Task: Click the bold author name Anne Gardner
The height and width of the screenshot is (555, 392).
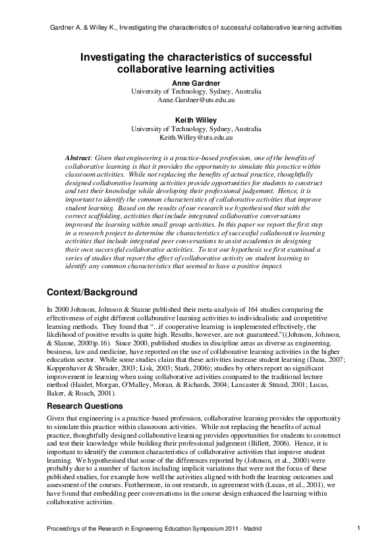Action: coord(196,82)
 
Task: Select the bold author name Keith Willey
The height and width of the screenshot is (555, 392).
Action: coord(196,120)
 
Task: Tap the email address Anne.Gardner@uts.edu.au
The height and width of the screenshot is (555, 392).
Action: coord(196,100)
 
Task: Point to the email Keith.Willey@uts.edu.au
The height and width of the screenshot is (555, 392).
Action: coord(196,138)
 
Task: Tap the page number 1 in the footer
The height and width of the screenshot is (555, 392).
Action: coord(358,528)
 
